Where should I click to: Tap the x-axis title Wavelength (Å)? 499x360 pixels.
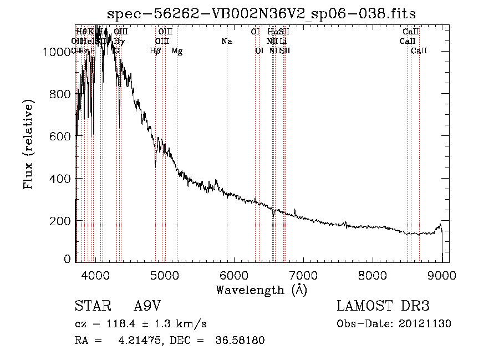261,290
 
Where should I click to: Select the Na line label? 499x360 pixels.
226,41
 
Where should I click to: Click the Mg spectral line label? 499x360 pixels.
177,51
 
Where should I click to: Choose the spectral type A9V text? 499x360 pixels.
148,307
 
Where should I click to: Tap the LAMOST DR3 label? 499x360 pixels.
383,307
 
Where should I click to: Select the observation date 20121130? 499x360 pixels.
425,323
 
